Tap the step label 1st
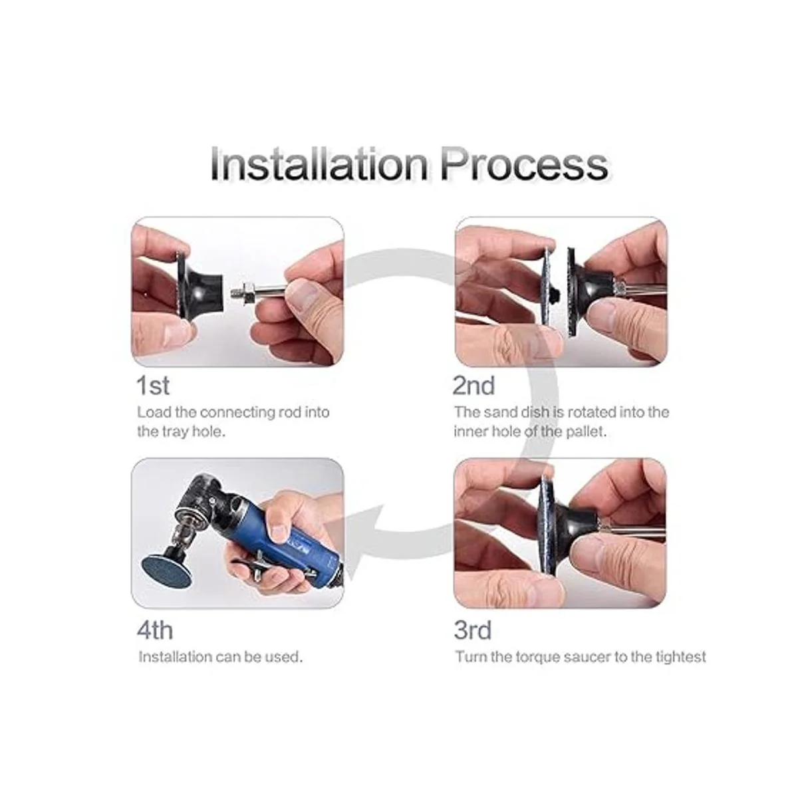click(153, 386)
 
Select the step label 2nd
click(473, 386)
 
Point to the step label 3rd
click(473, 630)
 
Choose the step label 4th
click(154, 630)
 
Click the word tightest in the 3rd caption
click(680, 657)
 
